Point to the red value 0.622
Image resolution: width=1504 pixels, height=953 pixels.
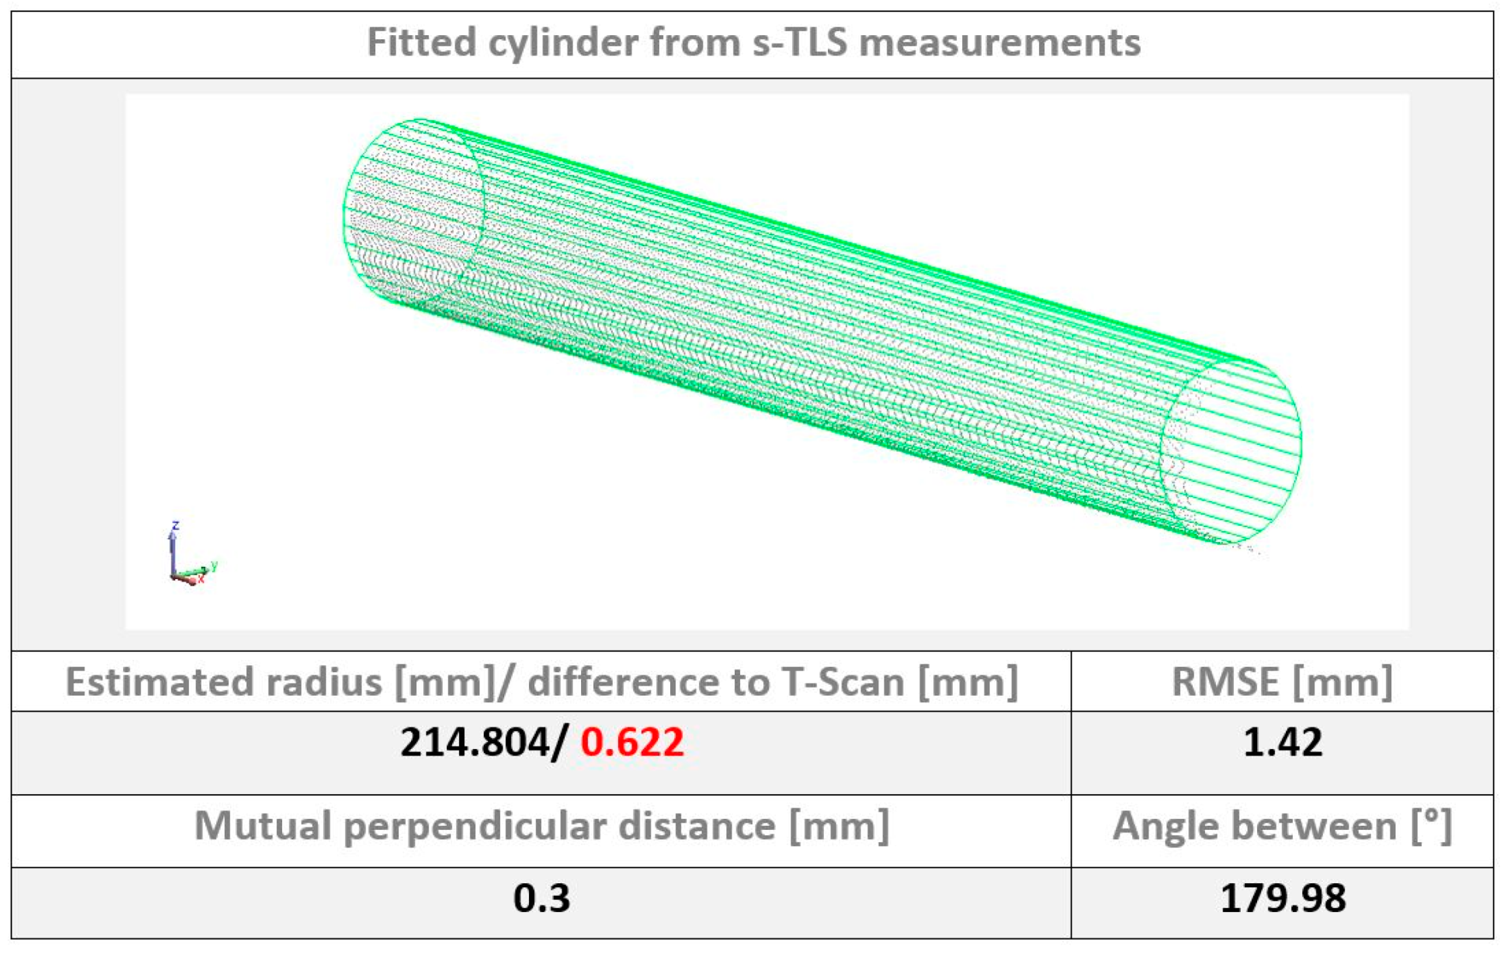[x=632, y=742]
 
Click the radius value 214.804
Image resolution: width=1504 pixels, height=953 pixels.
[x=475, y=742]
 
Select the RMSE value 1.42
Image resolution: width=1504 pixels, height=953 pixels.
[x=1283, y=742]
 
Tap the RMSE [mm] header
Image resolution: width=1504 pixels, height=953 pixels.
[x=1282, y=682]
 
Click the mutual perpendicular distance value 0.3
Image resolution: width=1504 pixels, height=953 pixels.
[x=541, y=898]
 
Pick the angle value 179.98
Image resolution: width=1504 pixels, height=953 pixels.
[x=1283, y=898]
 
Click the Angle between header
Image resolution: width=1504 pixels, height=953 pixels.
[x=1282, y=826]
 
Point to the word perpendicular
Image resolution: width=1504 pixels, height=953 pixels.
[x=475, y=826]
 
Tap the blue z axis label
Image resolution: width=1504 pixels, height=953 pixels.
[x=175, y=525]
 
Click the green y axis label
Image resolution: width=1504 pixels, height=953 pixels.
[x=214, y=565]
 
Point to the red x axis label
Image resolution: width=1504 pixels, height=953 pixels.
[x=202, y=578]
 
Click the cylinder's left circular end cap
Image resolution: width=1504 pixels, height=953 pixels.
[x=414, y=210]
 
